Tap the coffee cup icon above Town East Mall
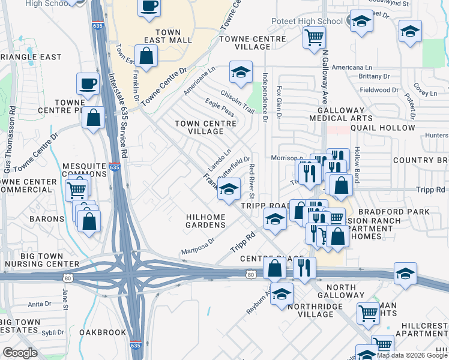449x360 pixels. point(149,7)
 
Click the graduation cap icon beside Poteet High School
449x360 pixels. point(361,22)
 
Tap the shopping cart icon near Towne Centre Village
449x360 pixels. point(314,37)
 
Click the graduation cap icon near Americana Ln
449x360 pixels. point(241,73)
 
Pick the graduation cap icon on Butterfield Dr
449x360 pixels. point(229,189)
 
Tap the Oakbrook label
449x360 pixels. point(103,332)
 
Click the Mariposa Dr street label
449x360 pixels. point(199,247)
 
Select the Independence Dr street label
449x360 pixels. point(265,97)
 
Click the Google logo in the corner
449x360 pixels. point(20,353)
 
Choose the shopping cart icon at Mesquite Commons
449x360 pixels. point(76,190)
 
